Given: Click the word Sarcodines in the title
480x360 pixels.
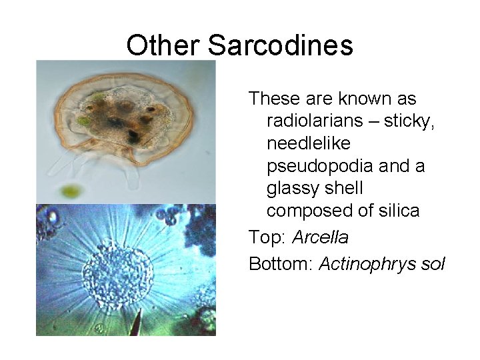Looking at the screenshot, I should click(x=280, y=45).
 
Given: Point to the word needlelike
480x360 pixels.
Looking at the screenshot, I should click(x=308, y=143).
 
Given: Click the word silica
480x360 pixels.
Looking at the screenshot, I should click(x=397, y=211).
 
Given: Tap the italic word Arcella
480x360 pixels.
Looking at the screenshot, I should click(x=320, y=237).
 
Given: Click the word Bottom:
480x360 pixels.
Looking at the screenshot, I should click(x=281, y=264).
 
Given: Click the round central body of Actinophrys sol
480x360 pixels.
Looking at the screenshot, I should click(x=117, y=271).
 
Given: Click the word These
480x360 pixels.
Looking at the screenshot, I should click(x=274, y=99).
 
